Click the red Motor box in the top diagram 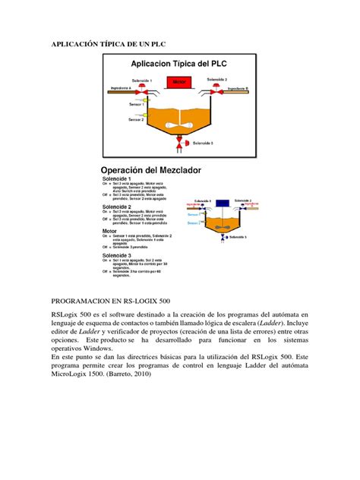pyautogui.click(x=179, y=81)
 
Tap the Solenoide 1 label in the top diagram pyautogui.click(x=141, y=80)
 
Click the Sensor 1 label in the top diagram pyautogui.click(x=137, y=103)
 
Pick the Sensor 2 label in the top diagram pyautogui.click(x=137, y=120)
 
